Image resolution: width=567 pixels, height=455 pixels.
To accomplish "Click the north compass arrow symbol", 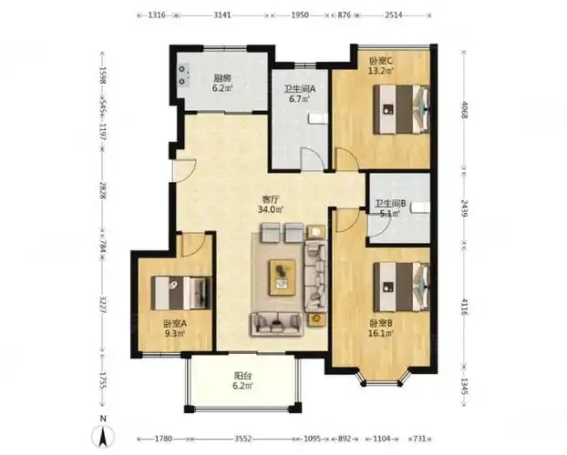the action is (x=103, y=436).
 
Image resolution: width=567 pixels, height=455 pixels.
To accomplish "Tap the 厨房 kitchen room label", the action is (x=222, y=78).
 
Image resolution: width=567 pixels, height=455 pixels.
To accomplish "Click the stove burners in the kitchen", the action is (x=183, y=76).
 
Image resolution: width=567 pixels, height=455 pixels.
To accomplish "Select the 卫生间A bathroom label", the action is (x=300, y=89).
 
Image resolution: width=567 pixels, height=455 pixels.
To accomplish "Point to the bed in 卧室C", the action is (x=401, y=109).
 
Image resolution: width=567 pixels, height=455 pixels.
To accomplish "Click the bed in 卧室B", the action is (x=401, y=287).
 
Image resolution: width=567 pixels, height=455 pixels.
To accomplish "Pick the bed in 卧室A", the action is (x=180, y=292).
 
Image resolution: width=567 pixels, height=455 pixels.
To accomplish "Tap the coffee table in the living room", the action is (x=282, y=278).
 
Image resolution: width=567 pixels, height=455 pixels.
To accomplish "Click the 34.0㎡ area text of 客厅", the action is (x=271, y=209).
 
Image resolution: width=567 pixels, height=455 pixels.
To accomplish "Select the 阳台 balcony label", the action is (x=243, y=377).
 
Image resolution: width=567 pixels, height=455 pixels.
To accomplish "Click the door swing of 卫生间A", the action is (x=314, y=158).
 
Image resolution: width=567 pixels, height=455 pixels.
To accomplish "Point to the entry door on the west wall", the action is (x=184, y=170).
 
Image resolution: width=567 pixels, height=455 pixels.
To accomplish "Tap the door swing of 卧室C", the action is (x=347, y=159).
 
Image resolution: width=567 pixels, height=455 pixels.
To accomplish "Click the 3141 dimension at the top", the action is (x=222, y=15).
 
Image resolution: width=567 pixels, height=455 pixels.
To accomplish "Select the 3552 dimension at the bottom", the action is (x=243, y=439).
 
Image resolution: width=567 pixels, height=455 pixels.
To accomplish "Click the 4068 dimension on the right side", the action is (x=464, y=111).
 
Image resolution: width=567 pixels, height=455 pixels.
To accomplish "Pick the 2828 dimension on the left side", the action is (x=102, y=190).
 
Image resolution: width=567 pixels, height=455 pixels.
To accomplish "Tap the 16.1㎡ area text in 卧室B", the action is (x=380, y=333).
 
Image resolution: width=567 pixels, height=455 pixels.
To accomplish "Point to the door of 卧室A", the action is (x=193, y=245).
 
